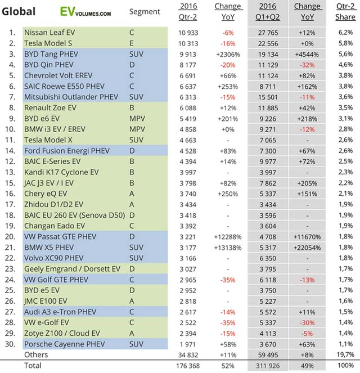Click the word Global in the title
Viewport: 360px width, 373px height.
pos(19,11)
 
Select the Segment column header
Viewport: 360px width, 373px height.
pos(144,12)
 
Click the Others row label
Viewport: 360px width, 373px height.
pos(36,355)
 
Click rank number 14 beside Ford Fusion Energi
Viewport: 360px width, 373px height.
pos(11,151)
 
